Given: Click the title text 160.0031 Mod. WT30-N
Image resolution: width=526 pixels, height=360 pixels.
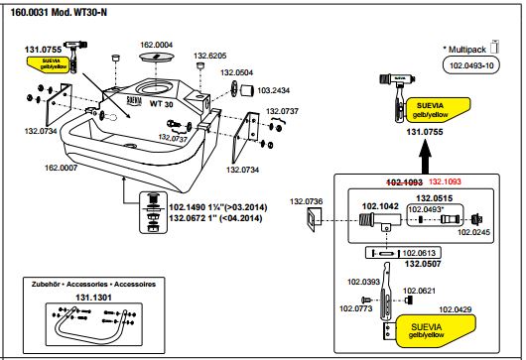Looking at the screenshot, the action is (x=59, y=13).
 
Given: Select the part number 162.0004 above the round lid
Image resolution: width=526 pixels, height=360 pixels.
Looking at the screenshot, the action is (x=157, y=45).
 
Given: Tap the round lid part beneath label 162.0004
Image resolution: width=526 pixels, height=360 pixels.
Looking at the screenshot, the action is (x=157, y=57).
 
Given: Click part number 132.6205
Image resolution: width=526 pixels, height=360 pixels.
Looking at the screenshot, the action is (x=210, y=56).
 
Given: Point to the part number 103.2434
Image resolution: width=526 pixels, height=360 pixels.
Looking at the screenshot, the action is (x=273, y=90).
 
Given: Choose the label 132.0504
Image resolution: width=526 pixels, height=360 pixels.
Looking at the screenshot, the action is (x=237, y=72).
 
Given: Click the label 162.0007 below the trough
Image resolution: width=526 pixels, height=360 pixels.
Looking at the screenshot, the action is (x=62, y=168).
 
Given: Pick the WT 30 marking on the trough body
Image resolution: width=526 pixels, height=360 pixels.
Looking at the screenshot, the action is (x=162, y=103).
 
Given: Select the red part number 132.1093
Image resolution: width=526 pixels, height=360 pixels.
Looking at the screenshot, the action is (x=446, y=181).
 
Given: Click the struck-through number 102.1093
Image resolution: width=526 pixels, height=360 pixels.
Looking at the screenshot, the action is (x=405, y=182).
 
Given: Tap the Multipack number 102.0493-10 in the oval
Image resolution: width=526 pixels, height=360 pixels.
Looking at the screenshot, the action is (x=471, y=65).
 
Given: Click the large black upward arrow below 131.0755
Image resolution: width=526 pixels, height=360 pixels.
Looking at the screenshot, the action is (x=426, y=158).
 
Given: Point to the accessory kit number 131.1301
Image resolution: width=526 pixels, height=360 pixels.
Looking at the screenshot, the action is (x=93, y=298).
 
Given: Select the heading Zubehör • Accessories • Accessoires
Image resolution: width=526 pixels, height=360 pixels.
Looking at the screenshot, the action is (x=93, y=285).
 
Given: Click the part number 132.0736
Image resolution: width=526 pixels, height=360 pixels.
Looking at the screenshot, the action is (x=307, y=201).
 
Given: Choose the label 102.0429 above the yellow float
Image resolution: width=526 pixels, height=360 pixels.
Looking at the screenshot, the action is (x=456, y=309).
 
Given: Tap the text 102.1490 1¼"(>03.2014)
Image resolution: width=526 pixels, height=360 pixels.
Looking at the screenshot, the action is (x=218, y=207).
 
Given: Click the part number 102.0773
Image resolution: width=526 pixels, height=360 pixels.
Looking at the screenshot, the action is (x=356, y=308).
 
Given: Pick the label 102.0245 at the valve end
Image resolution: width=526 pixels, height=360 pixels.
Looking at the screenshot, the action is (x=474, y=232).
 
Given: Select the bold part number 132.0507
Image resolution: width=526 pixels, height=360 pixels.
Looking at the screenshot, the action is (x=423, y=264).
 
